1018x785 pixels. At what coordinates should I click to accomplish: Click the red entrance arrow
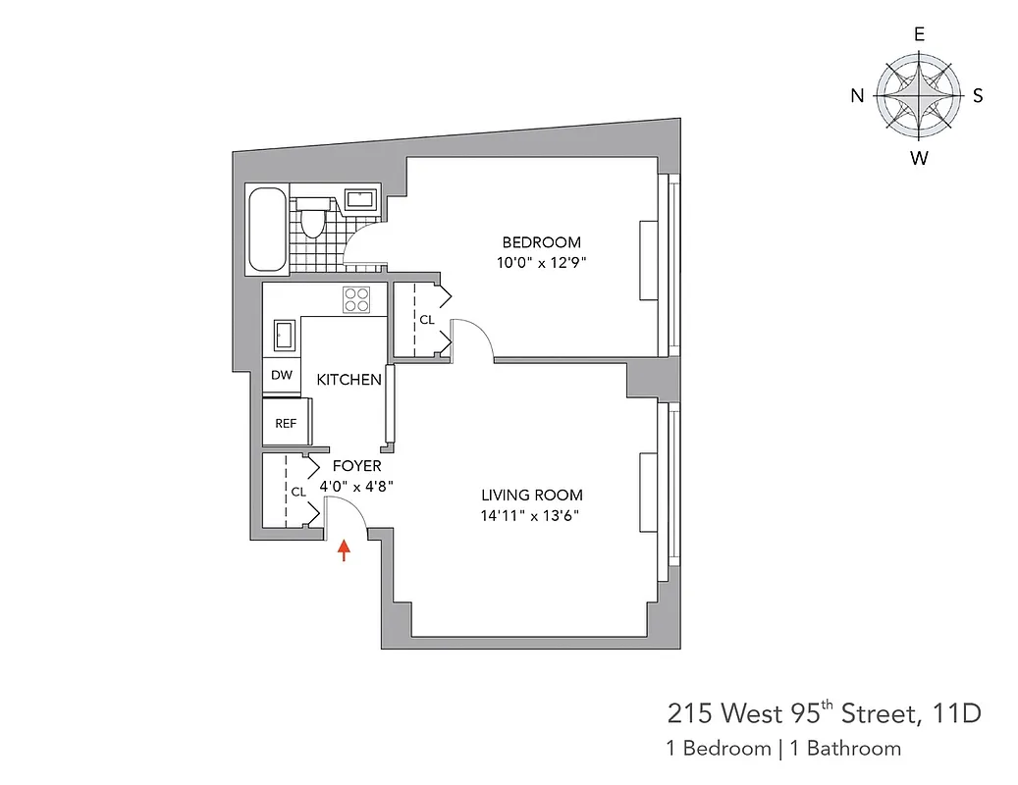point(343,549)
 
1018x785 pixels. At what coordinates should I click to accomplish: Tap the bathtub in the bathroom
point(268,231)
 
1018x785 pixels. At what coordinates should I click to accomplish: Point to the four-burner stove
point(356,299)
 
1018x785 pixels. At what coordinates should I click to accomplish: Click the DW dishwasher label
point(282,375)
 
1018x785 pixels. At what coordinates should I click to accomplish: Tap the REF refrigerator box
point(286,424)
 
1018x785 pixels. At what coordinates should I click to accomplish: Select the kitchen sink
point(282,336)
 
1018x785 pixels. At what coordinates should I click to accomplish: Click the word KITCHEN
point(348,379)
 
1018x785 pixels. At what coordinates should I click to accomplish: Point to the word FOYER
point(356,467)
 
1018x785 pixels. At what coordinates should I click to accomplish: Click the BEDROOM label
point(541,242)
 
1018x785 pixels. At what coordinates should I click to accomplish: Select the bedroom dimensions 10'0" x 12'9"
point(542,262)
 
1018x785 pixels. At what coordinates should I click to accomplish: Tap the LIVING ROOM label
point(531,496)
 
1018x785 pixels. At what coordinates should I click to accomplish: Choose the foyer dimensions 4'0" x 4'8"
point(356,486)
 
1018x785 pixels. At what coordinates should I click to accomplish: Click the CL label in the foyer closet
point(297,492)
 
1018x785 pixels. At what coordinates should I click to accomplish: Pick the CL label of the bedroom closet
point(427,320)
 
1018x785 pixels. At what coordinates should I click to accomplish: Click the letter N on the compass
point(857,95)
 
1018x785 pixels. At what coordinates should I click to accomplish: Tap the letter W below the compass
point(919,158)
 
